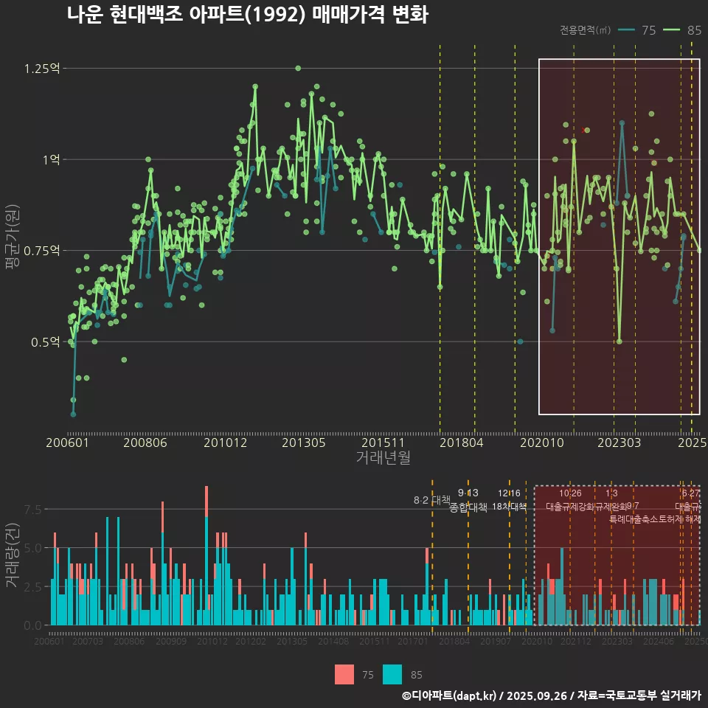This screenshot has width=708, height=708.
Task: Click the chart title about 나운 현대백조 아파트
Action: tap(247, 15)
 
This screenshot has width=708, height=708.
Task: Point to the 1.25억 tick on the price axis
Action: tap(42, 69)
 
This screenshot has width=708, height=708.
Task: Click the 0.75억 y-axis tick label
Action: tap(42, 251)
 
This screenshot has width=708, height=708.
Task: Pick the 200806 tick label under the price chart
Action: tap(145, 442)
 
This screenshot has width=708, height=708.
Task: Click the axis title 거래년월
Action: tap(383, 458)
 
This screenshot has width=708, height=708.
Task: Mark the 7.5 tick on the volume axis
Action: tap(33, 510)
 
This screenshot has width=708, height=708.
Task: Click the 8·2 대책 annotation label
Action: tap(431, 501)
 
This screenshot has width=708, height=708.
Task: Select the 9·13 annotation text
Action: tap(468, 493)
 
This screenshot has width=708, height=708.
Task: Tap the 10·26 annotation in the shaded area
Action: tap(570, 493)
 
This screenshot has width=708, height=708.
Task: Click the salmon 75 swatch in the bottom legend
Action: tap(344, 674)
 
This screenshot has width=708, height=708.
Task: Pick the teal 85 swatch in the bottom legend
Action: tap(392, 674)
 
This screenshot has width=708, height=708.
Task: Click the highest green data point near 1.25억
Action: tap(298, 68)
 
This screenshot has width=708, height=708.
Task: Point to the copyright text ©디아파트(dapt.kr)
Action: tap(450, 695)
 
